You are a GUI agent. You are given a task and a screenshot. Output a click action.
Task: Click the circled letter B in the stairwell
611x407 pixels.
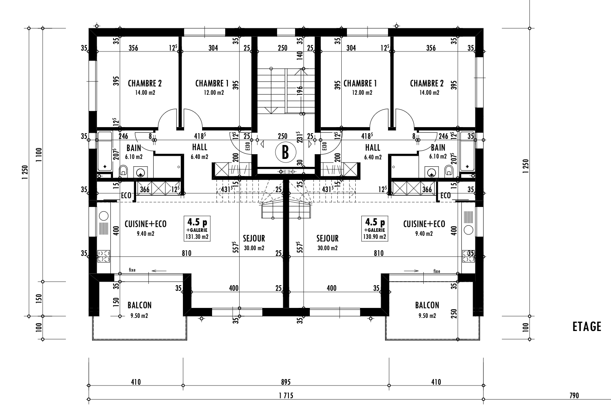[x=285, y=152]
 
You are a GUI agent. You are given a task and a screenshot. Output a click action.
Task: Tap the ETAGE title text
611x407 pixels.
[x=587, y=327]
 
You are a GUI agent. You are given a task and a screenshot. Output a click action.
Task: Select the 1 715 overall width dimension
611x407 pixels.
[x=286, y=396]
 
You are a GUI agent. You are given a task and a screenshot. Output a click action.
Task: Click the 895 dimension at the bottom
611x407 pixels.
[x=286, y=382]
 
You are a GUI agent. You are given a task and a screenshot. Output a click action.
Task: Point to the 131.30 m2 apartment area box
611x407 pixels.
[x=197, y=229]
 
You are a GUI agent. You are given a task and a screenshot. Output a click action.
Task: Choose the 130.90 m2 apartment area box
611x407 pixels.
[x=375, y=229]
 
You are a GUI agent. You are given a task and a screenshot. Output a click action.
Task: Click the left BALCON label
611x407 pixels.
[x=139, y=305]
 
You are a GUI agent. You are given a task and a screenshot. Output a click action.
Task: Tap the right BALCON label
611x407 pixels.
[x=427, y=305]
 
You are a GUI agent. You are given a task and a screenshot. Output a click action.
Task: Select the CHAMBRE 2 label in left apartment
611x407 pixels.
[x=145, y=83]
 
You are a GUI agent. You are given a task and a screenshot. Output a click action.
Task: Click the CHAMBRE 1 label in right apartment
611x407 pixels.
[x=360, y=83]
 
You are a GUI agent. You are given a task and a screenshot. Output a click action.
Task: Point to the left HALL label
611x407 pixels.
[x=200, y=148]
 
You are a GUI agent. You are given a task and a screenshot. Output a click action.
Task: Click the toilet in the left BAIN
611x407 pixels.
[x=124, y=171]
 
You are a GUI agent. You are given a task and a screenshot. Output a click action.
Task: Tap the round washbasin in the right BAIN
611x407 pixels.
[x=432, y=172]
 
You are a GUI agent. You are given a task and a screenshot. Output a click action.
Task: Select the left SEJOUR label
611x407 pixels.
[x=254, y=238]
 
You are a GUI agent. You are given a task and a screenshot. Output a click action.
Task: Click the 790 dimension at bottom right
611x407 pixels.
[x=574, y=396]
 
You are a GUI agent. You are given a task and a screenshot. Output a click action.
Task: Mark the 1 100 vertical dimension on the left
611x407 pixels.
[x=39, y=155]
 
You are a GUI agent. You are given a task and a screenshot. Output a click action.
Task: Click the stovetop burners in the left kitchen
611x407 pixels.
[x=104, y=256]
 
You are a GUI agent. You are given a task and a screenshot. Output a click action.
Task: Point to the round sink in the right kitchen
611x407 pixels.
[x=468, y=230]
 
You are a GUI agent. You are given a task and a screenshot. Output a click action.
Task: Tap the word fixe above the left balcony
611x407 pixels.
[x=132, y=270]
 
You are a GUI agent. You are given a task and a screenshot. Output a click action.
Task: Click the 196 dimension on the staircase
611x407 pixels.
[x=300, y=91]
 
